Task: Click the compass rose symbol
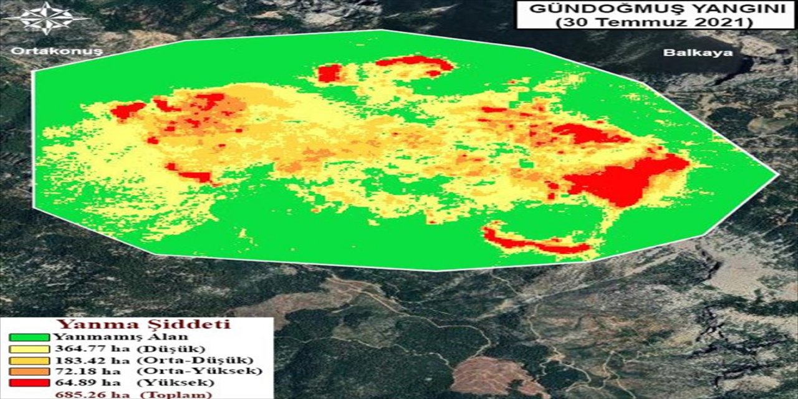click(x=47, y=18)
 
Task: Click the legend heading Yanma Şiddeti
click(x=143, y=324)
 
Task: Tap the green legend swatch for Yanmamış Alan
click(x=28, y=337)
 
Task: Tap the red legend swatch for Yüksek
click(x=28, y=382)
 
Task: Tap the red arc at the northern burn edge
click(x=415, y=62)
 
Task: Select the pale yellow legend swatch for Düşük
click(x=28, y=349)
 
